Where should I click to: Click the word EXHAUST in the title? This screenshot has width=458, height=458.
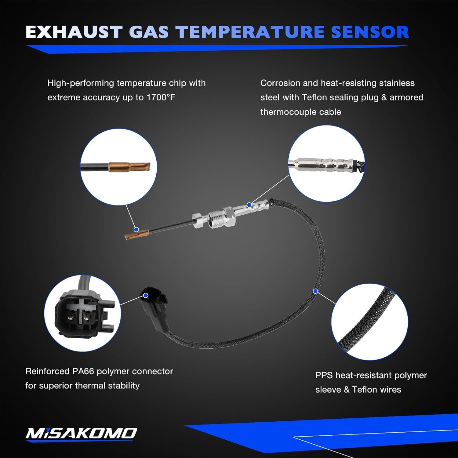pos(74,32)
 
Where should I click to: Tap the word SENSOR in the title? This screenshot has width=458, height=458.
pos(370,32)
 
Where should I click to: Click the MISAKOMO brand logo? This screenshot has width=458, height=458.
pos(81,433)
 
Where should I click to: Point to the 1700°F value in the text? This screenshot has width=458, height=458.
pos(161,97)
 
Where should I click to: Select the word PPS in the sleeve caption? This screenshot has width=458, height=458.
pos(324,375)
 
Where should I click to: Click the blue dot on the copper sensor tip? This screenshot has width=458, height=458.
pos(136,229)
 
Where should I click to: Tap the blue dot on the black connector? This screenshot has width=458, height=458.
pos(146,295)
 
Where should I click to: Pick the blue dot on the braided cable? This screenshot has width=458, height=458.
pos(315,291)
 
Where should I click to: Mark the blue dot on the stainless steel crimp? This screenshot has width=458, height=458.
pos(249,205)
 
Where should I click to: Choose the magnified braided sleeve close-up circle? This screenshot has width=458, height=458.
pos(369,322)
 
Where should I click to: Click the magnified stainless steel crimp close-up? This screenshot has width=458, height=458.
pos(326,163)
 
